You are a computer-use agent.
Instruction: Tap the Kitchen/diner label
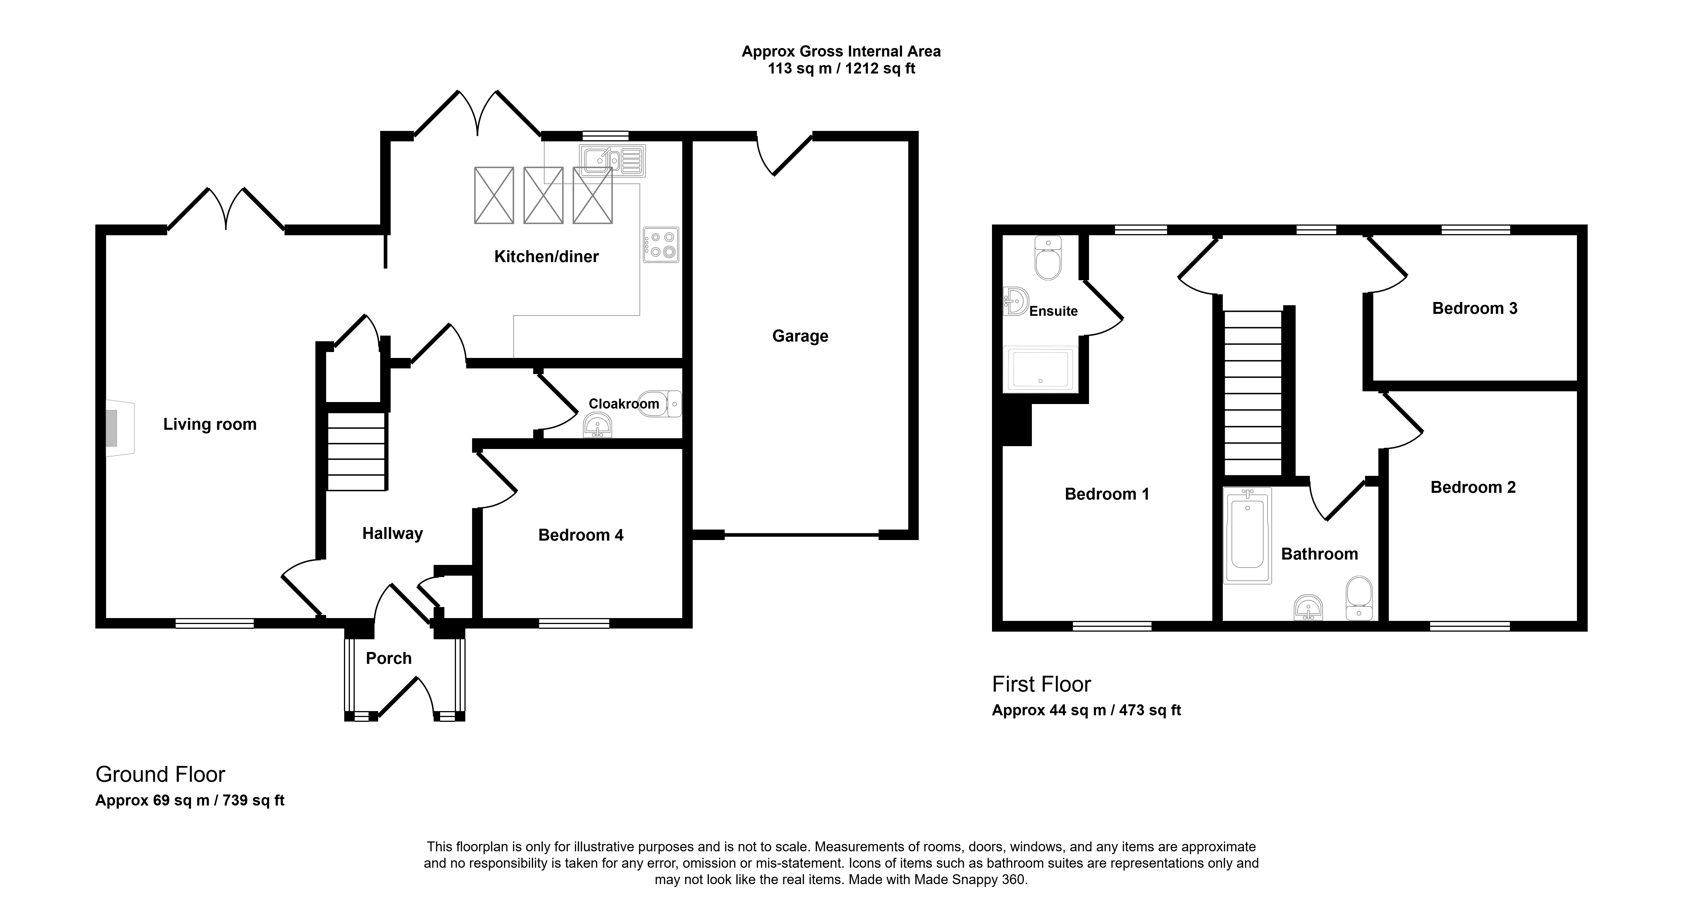pyautogui.click(x=546, y=257)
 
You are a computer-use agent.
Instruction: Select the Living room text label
pyautogui.click(x=210, y=424)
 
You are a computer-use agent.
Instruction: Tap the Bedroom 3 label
pyautogui.click(x=1475, y=308)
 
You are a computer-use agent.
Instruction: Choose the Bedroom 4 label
pyautogui.click(x=581, y=536)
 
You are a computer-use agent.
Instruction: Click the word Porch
pyautogui.click(x=389, y=658)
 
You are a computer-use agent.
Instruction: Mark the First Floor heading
pyautogui.click(x=1041, y=684)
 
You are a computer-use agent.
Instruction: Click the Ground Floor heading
pyautogui.click(x=160, y=774)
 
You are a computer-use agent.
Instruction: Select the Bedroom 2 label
pyautogui.click(x=1473, y=487)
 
